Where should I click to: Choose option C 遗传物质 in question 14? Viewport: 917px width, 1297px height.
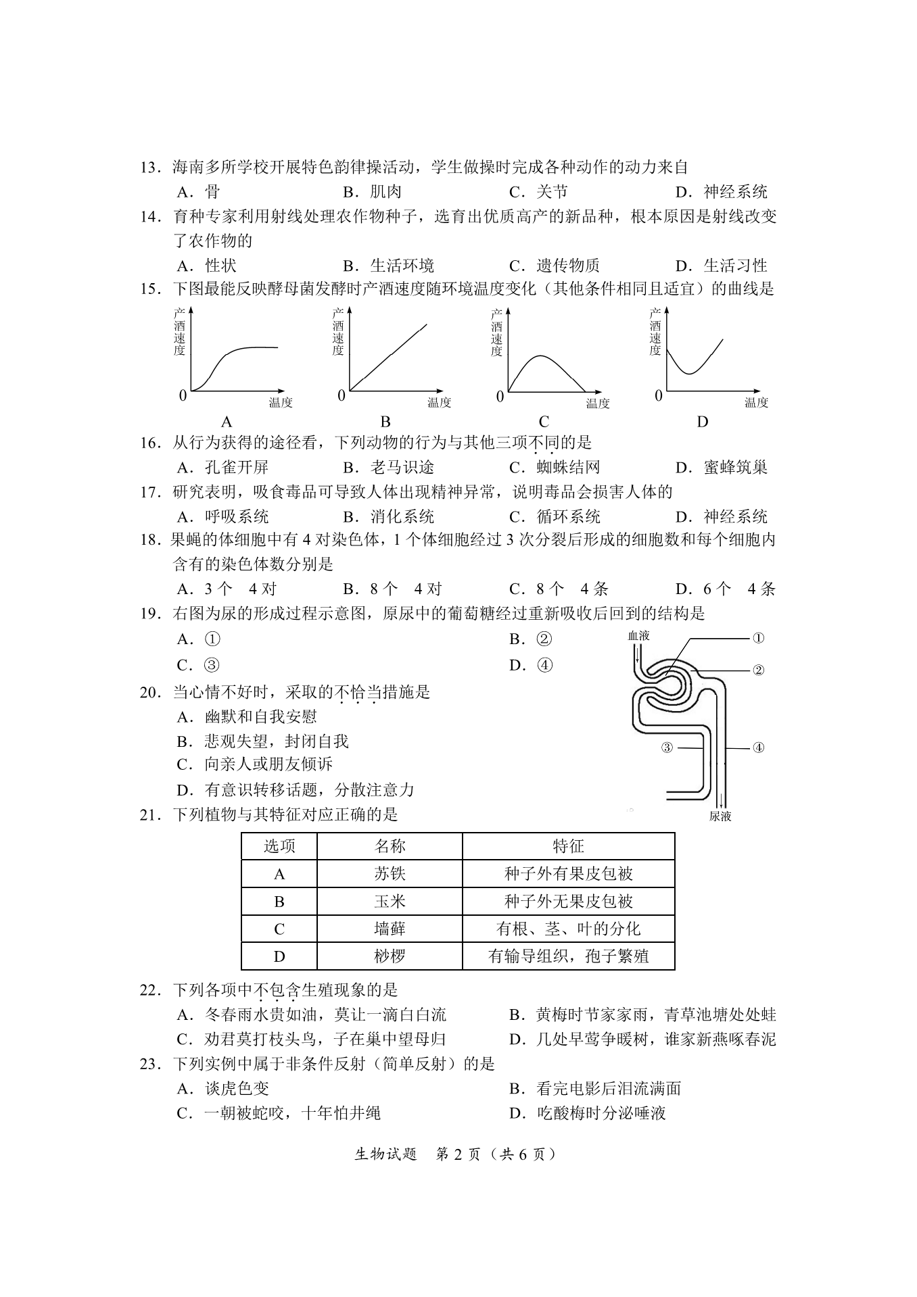(x=555, y=266)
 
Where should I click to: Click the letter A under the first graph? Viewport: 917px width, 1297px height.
(x=227, y=422)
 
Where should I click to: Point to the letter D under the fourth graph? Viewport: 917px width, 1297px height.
(x=703, y=422)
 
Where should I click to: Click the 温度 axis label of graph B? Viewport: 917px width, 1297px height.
(x=439, y=403)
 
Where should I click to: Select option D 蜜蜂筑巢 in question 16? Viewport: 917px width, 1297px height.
(x=722, y=467)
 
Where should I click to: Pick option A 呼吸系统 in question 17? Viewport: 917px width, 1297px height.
(x=223, y=517)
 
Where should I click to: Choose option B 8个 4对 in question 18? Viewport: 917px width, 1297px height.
(x=392, y=589)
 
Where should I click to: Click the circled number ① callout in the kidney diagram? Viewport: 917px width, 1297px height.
(x=758, y=637)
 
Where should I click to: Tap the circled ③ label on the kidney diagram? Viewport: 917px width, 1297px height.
(x=667, y=748)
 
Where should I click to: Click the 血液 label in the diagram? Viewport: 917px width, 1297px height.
(x=638, y=635)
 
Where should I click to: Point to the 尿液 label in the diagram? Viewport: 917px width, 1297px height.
(x=720, y=816)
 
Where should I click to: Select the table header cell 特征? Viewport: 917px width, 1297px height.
(x=568, y=846)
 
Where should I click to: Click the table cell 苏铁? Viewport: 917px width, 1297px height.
(x=390, y=874)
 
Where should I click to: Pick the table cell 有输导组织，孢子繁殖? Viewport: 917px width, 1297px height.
(x=568, y=956)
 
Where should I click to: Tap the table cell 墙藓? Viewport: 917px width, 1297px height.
(x=390, y=929)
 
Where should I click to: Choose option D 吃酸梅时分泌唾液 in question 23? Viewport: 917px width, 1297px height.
(x=588, y=1112)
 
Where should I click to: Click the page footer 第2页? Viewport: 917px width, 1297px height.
(x=458, y=1154)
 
